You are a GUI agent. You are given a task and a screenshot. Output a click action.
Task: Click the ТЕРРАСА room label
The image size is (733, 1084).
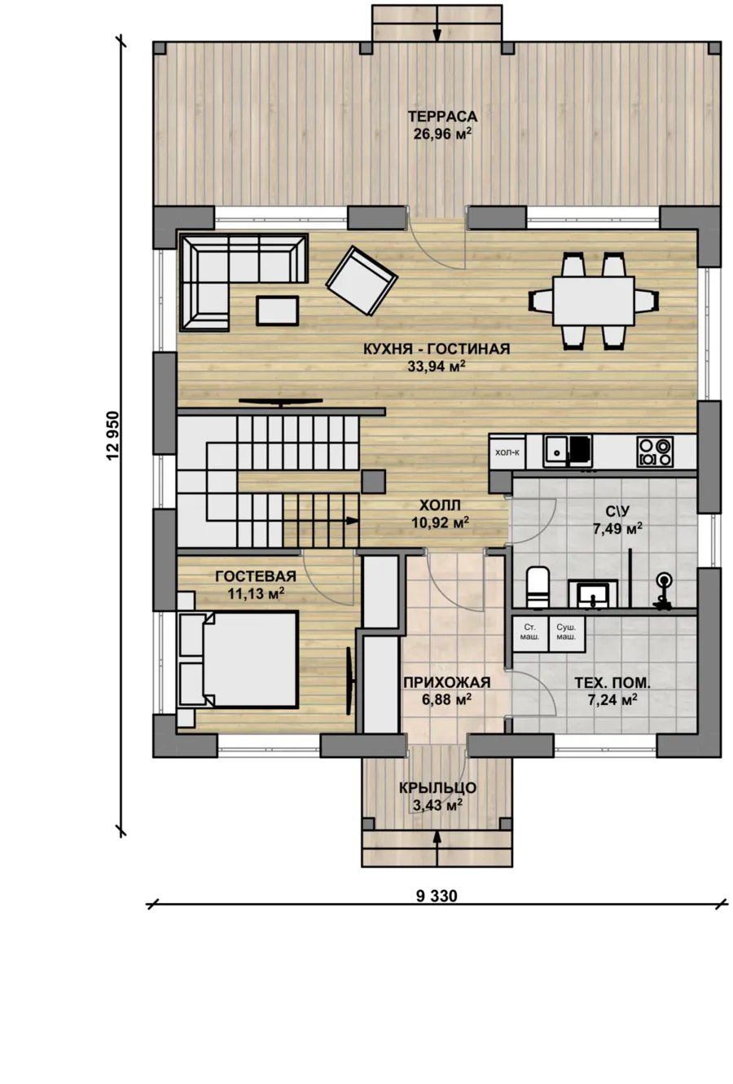coord(442,117)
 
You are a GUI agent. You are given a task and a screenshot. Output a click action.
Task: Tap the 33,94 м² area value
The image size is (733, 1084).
coord(436,366)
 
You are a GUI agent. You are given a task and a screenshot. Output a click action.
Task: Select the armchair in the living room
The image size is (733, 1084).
coord(362,280)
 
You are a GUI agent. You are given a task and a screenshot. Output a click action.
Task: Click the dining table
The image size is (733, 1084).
coord(593,301)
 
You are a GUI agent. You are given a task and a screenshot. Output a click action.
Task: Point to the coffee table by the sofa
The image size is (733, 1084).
coord(277,311)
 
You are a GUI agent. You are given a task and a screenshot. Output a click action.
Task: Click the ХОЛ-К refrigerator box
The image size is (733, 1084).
coord(507,452)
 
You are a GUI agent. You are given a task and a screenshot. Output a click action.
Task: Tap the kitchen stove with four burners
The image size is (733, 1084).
coord(655,452)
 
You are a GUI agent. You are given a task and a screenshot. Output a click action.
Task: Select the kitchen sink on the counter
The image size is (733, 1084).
coord(567,452)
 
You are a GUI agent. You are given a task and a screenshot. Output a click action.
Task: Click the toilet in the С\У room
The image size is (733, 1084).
coord(538,587)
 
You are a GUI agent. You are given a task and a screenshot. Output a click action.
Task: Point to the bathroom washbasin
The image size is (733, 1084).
coord(593,593)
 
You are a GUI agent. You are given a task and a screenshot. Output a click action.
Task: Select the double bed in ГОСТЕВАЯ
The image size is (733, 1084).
coord(237,659)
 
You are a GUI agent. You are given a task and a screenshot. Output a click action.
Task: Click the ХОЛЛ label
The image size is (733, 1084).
coord(440,505)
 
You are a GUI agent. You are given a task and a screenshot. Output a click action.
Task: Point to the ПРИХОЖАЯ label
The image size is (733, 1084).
coord(447,682)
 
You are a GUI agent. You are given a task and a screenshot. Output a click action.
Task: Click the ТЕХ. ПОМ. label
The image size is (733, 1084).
coord(612,683)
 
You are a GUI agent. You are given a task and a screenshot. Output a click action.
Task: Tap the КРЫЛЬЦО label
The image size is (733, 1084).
coord(437,788)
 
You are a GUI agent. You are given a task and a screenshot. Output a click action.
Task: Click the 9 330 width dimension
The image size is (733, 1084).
coord(437,896)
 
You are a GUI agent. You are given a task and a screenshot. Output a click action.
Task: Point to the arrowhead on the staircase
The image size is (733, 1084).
coord(352,521)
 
